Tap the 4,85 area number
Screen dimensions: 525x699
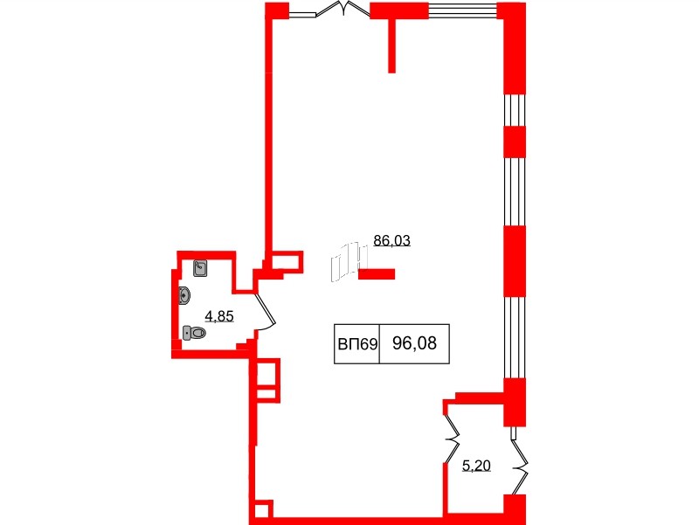pos(218,316)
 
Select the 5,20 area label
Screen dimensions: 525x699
pos(476,466)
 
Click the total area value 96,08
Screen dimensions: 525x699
pos(414,345)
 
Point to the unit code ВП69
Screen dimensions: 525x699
pos(356,345)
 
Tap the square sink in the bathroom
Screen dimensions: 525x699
pos(200,267)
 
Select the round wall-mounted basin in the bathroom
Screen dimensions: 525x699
pos(183,295)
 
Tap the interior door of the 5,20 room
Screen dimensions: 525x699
pos(453,428)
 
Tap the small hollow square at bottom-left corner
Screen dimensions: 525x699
pos(261,509)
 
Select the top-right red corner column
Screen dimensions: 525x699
pos(513,48)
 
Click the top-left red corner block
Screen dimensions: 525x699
pos(276,10)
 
